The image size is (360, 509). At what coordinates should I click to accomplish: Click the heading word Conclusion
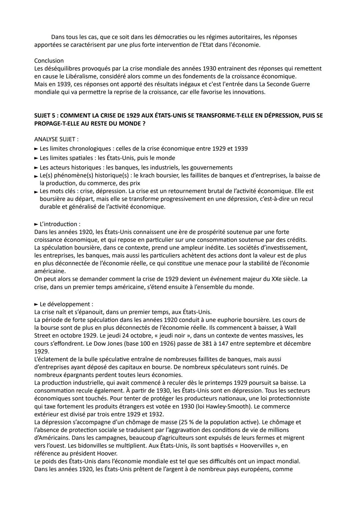pos(49,61)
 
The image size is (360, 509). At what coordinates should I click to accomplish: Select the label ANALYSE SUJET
pos(56,139)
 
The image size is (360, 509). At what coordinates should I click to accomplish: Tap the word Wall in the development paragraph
pos(291,328)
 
